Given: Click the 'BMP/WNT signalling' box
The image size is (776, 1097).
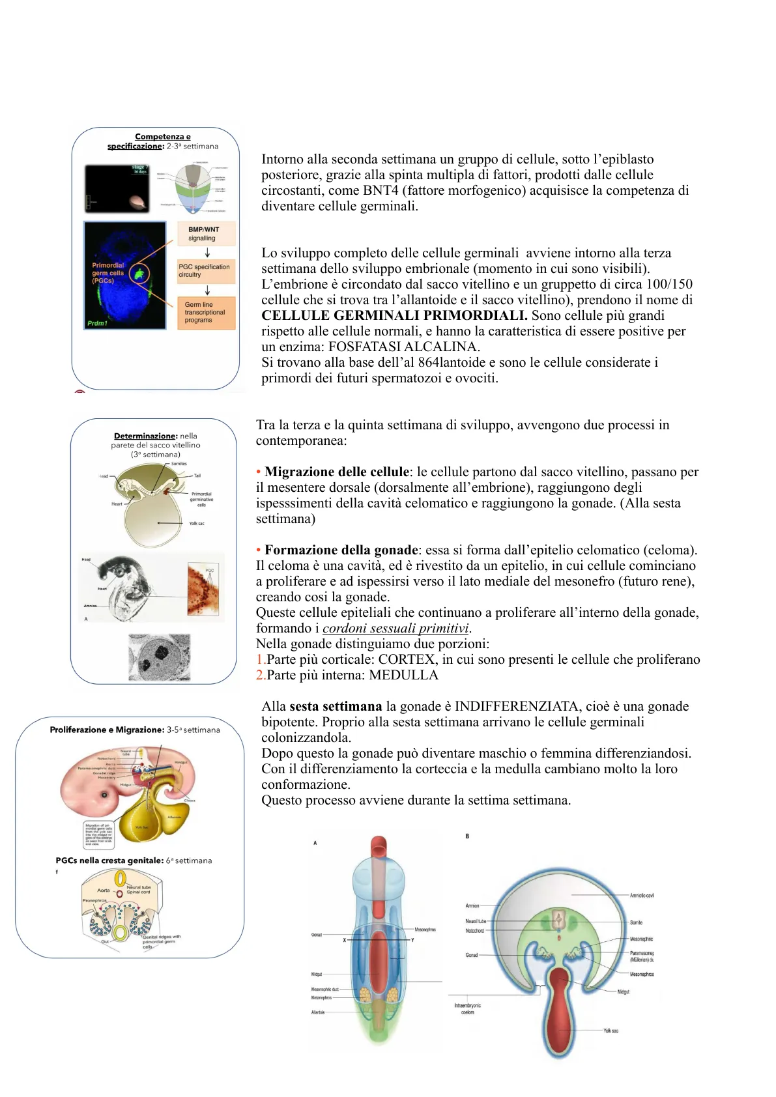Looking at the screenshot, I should (206, 233).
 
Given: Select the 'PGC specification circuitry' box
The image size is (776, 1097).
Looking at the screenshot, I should (206, 270).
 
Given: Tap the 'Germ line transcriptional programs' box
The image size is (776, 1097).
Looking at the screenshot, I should (206, 312).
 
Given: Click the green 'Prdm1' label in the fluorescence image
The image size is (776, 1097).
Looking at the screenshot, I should (97, 323).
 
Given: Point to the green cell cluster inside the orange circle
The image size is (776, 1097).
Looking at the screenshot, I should (139, 274).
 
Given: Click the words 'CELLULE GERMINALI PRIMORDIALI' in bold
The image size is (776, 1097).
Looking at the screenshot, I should (394, 315).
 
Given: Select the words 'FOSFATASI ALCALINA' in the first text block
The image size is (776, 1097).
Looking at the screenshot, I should (404, 347).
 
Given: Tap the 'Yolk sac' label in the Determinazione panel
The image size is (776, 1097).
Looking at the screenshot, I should (196, 523).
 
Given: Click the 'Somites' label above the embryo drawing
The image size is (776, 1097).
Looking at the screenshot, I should (179, 464).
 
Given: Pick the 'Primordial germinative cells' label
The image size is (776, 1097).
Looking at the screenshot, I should (201, 499).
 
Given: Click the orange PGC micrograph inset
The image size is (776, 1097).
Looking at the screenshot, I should (204, 590).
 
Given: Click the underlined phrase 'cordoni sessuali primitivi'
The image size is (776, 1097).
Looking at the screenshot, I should (395, 628).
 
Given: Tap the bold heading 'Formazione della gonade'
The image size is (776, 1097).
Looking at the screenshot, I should (341, 550).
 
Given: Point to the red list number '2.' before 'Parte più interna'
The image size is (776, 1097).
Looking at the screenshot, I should (261, 675).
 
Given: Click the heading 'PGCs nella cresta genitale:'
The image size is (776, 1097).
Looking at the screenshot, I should (109, 861).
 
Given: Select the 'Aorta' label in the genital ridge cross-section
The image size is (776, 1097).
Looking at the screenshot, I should (104, 890).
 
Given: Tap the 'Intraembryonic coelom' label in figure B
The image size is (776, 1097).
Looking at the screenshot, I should (467, 1008).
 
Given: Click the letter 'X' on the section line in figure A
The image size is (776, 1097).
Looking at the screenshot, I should (345, 940).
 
